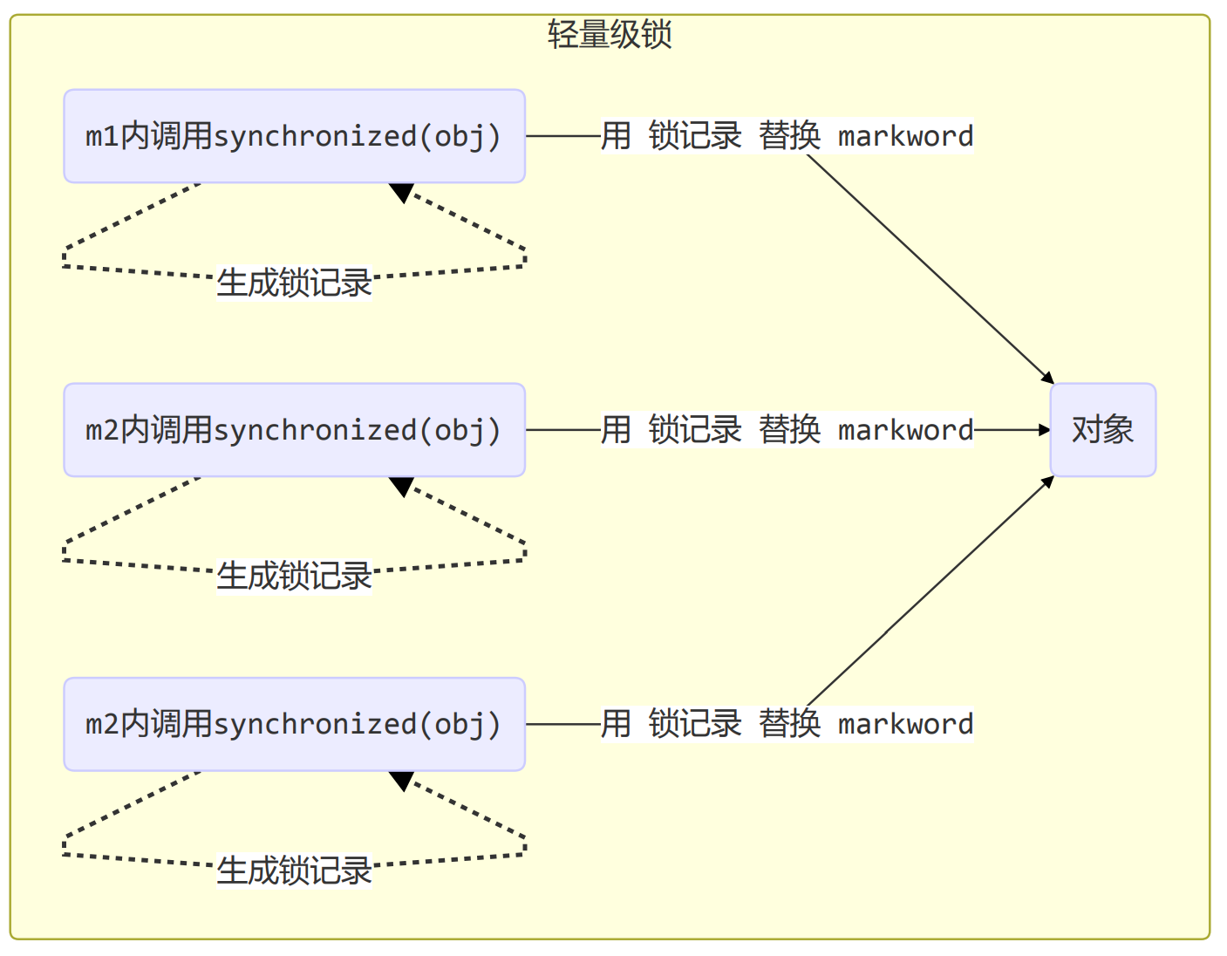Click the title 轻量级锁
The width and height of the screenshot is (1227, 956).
(x=610, y=35)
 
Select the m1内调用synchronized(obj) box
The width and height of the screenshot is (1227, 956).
(x=294, y=136)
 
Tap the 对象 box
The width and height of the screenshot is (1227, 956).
(x=1102, y=430)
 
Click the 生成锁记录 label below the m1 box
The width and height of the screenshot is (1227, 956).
(x=294, y=283)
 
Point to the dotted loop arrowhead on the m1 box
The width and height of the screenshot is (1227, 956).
(x=402, y=192)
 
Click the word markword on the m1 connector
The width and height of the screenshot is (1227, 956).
(x=905, y=136)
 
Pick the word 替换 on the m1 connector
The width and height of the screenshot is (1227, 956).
(x=789, y=136)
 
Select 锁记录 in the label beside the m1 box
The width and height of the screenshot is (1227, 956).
(x=695, y=136)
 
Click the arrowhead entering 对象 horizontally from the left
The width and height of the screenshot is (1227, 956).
(x=1045, y=430)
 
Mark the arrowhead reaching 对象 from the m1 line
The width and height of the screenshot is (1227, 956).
(x=1048, y=379)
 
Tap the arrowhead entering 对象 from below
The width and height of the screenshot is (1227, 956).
(x=1048, y=481)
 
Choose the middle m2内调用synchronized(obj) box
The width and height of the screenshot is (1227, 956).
(x=294, y=430)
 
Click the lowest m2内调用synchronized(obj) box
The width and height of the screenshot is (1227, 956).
(x=294, y=724)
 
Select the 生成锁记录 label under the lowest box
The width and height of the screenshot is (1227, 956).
(x=294, y=871)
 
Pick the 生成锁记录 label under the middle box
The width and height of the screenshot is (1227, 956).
(x=294, y=577)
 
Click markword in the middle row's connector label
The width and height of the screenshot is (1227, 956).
(x=905, y=430)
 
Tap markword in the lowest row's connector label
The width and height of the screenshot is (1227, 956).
(x=905, y=724)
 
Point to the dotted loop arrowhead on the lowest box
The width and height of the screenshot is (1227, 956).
(x=402, y=780)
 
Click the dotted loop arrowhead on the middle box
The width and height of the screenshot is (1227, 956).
(x=402, y=486)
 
